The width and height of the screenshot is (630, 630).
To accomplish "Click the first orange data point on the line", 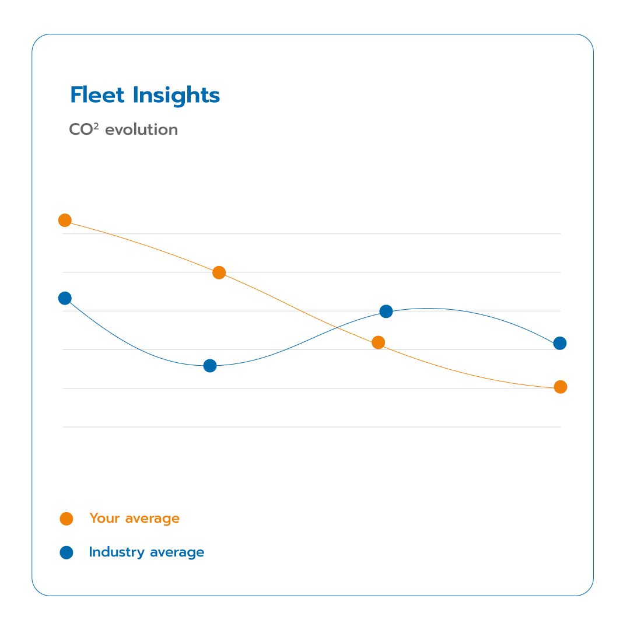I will (x=65, y=220).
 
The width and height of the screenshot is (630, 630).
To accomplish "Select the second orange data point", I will (x=219, y=272).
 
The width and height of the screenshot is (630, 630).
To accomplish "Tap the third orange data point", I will (x=378, y=342).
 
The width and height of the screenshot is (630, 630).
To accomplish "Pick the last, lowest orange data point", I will (x=560, y=387).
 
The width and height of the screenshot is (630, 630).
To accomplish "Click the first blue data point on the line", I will (x=65, y=298).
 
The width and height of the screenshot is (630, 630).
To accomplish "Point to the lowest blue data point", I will (x=210, y=366).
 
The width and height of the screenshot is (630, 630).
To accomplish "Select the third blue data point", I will (x=386, y=311).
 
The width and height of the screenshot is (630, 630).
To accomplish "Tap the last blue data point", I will (x=559, y=343).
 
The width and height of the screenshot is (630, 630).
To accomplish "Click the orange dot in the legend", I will (x=66, y=519).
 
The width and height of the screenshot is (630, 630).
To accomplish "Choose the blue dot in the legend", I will (x=66, y=552).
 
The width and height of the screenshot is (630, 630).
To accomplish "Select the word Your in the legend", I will (x=104, y=519).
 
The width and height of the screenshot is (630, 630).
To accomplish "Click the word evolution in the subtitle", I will (x=141, y=129).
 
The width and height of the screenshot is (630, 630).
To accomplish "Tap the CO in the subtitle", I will (x=81, y=129).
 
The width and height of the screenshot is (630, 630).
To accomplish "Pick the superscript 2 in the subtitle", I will (x=97, y=125).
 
